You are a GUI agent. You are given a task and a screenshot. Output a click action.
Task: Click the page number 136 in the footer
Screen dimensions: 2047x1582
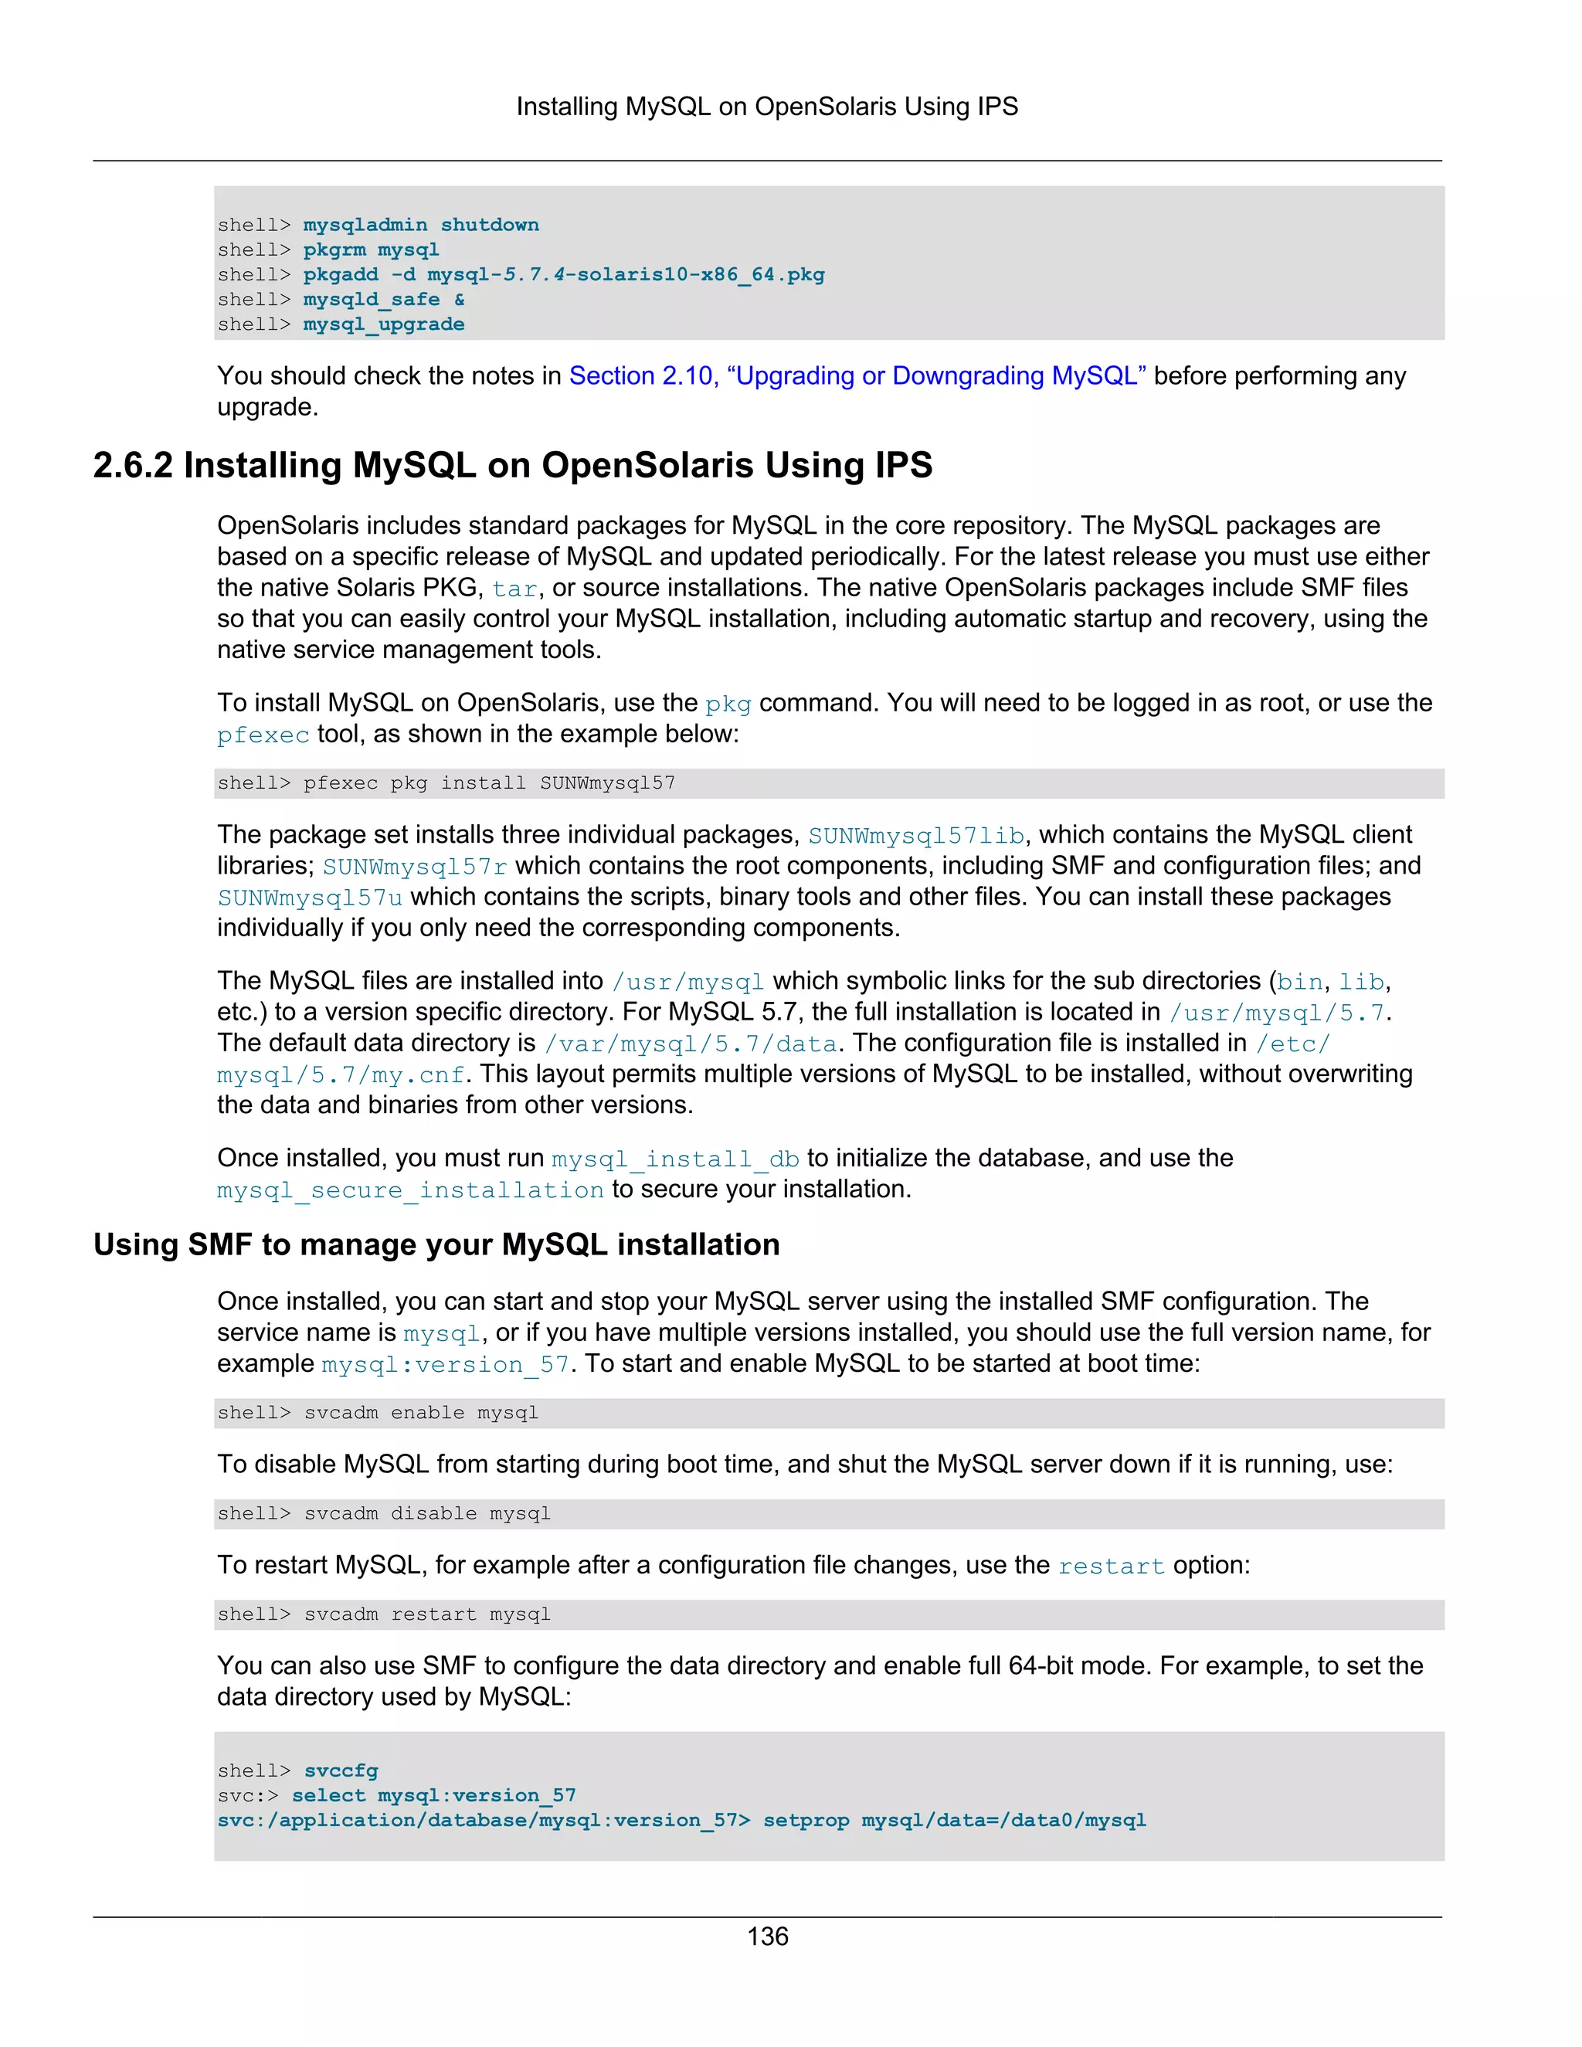tap(768, 1937)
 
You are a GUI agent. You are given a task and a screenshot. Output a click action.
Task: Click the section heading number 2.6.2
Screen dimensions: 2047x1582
tap(132, 466)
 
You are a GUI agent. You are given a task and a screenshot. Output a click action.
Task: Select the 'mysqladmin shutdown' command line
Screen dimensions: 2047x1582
tap(421, 225)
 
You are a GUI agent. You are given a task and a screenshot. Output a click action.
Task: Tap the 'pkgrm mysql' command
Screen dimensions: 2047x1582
tap(371, 250)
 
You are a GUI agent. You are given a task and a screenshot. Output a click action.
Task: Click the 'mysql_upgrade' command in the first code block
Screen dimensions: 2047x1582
tap(383, 324)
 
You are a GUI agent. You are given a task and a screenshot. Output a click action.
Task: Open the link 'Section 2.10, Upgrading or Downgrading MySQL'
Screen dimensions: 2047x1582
tap(857, 376)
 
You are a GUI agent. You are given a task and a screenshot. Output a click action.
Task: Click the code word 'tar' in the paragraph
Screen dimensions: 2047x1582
tap(514, 589)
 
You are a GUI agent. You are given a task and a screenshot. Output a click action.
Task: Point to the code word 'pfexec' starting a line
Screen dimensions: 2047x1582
tap(263, 735)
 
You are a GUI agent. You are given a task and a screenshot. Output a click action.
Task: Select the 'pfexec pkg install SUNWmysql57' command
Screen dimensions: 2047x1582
tap(488, 783)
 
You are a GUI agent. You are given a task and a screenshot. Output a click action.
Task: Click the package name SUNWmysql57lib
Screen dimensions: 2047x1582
tap(915, 835)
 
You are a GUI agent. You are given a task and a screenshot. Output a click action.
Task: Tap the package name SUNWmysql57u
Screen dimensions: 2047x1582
tap(311, 898)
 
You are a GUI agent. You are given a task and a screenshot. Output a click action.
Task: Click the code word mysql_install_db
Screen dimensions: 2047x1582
tap(675, 1159)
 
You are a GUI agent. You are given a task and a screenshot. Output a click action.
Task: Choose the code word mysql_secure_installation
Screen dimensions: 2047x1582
tap(410, 1190)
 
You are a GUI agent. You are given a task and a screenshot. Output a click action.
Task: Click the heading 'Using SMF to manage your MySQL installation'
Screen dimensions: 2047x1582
tap(436, 1244)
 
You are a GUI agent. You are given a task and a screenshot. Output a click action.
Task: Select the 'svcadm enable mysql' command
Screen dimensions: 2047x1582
tap(421, 1414)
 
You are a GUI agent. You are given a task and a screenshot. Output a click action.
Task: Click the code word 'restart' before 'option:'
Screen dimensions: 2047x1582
tap(1111, 1567)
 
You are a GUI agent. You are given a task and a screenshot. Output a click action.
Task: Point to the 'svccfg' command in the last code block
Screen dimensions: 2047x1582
tap(341, 1770)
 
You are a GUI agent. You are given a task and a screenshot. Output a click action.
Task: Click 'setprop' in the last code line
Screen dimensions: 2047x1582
tap(806, 1820)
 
